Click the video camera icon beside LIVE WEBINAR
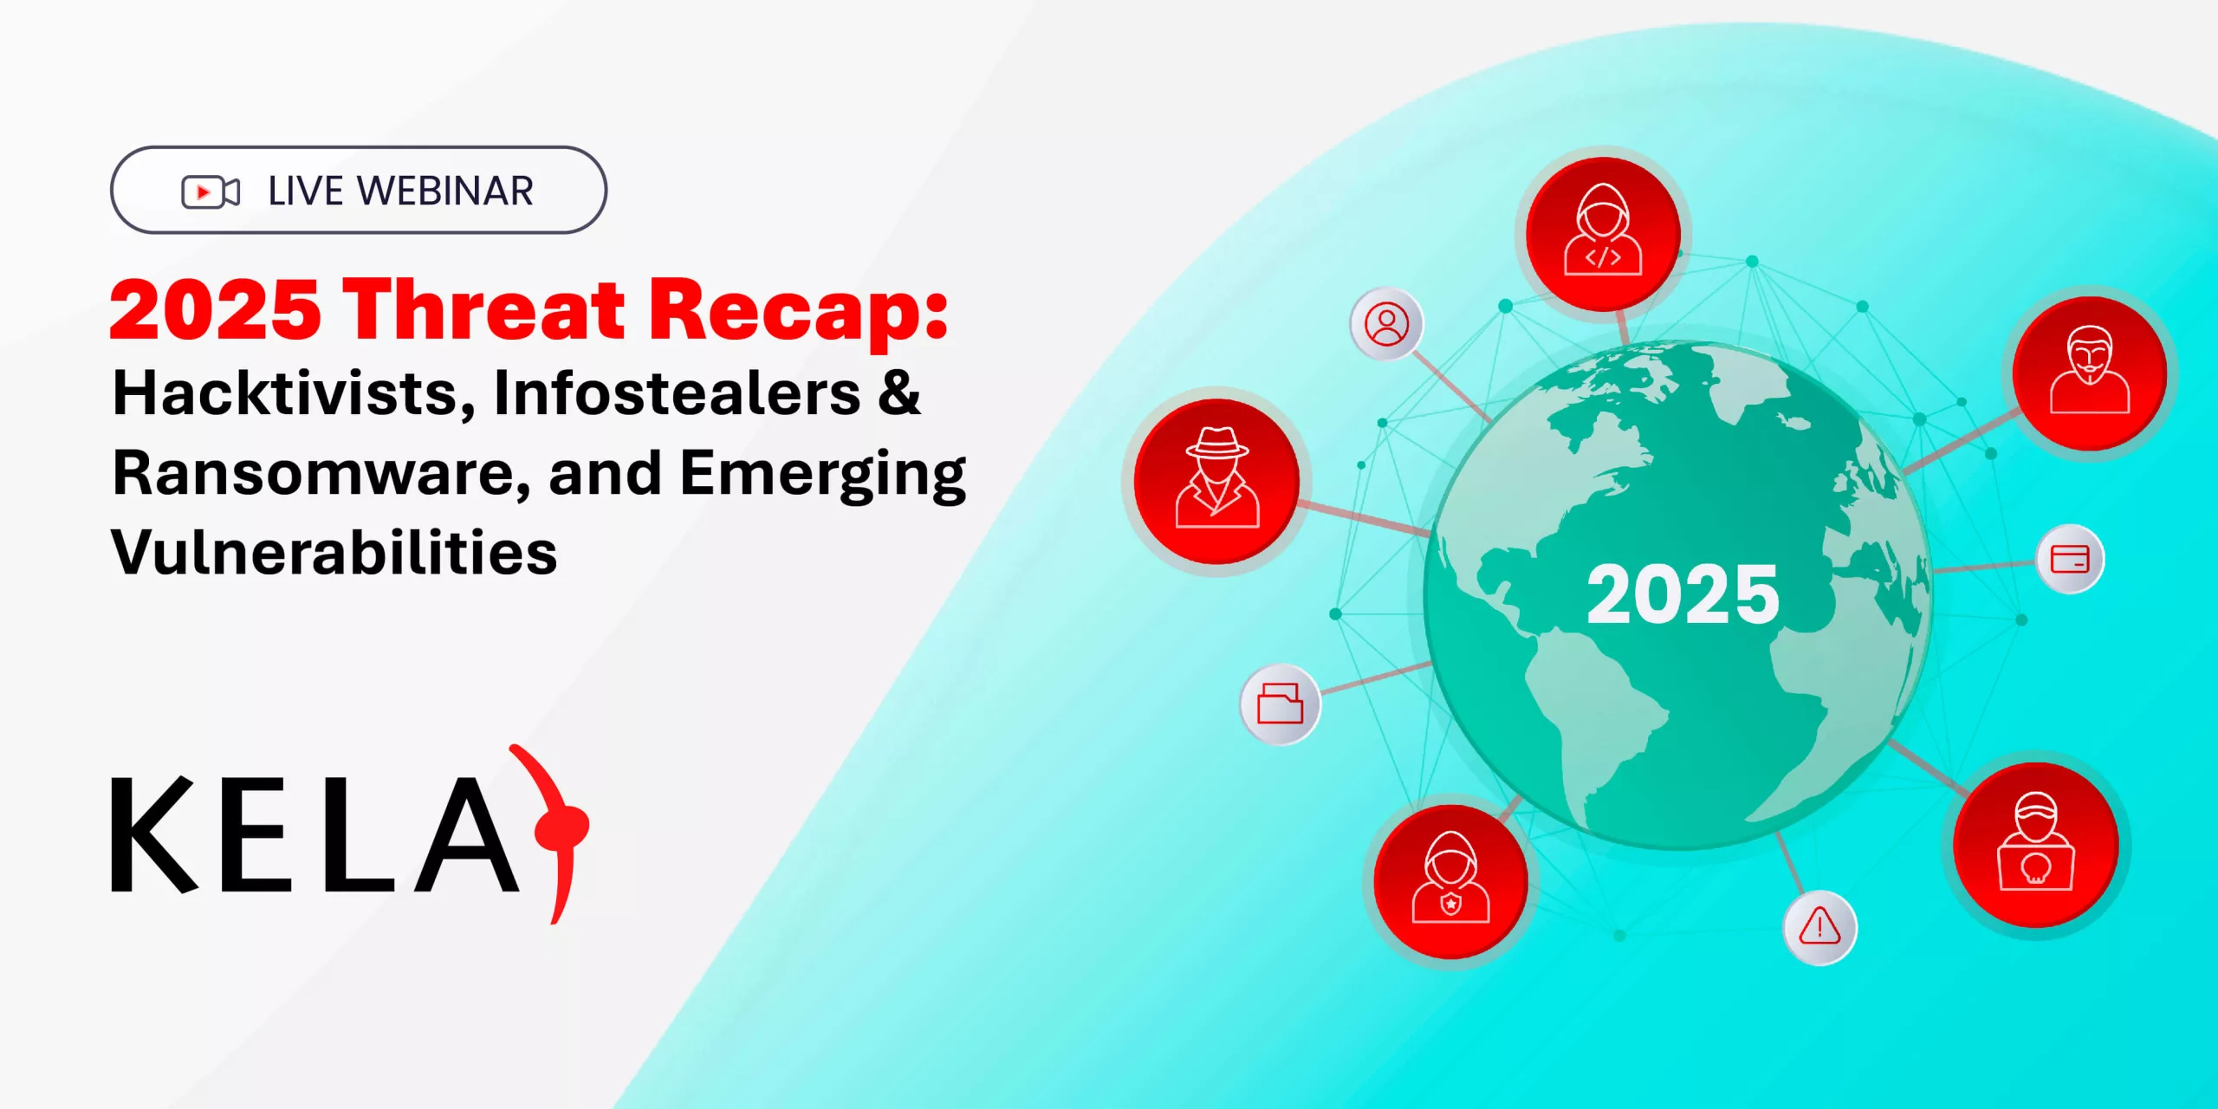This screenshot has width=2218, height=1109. [x=210, y=191]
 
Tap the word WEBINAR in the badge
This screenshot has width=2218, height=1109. [x=445, y=191]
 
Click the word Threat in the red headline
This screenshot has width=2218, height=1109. [x=483, y=309]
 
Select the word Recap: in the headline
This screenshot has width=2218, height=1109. [x=799, y=313]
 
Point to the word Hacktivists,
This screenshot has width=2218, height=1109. [x=295, y=395]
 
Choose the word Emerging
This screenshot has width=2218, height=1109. [x=823, y=475]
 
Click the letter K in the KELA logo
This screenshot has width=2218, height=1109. [x=154, y=833]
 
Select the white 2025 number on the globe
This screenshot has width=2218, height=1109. [x=1683, y=594]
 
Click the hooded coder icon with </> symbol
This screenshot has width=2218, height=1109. [x=1603, y=234]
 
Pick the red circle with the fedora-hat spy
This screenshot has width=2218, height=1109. [x=1216, y=481]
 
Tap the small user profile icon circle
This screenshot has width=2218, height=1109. [x=1386, y=324]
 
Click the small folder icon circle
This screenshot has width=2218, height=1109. [x=1280, y=704]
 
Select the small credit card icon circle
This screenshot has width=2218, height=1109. [x=2070, y=559]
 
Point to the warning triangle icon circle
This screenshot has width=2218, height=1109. [x=1819, y=927]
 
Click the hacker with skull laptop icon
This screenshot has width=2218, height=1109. [x=2035, y=845]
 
